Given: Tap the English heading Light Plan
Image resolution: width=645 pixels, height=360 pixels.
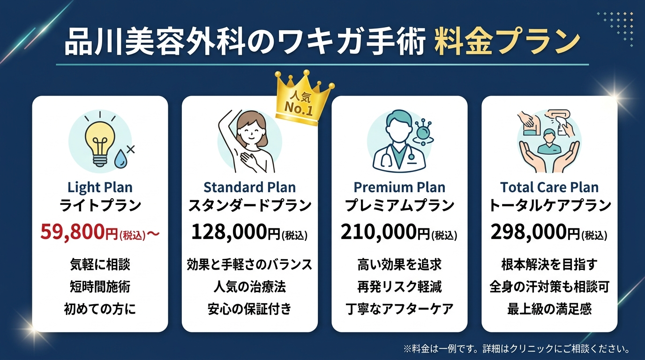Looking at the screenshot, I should point(100,187).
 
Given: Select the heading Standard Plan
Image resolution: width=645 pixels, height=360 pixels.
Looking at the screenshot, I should point(249,187).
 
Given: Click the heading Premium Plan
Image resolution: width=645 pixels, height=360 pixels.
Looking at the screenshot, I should point(399,187).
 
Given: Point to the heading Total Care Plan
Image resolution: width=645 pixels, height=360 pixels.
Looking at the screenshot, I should point(549,187).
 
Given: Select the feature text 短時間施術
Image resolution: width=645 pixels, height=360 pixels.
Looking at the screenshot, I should point(100,286).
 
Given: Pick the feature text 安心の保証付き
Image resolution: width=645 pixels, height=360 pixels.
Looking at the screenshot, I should point(249,309).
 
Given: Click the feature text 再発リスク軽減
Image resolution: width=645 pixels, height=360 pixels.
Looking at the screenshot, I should point(399,286).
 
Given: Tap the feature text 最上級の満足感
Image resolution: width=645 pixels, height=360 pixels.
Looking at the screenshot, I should point(549,309).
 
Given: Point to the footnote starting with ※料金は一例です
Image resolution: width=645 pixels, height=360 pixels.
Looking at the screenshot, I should point(516,349).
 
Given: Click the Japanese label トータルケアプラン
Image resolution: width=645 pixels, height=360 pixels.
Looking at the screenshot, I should point(549,205).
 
